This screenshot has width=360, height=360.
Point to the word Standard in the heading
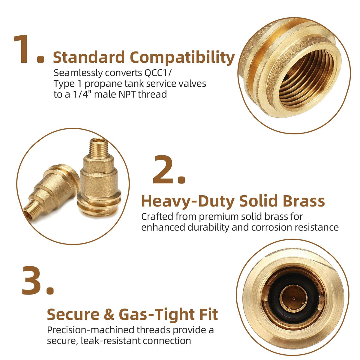89,57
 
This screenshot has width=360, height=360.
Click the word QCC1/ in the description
157,73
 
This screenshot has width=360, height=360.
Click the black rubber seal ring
293,297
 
